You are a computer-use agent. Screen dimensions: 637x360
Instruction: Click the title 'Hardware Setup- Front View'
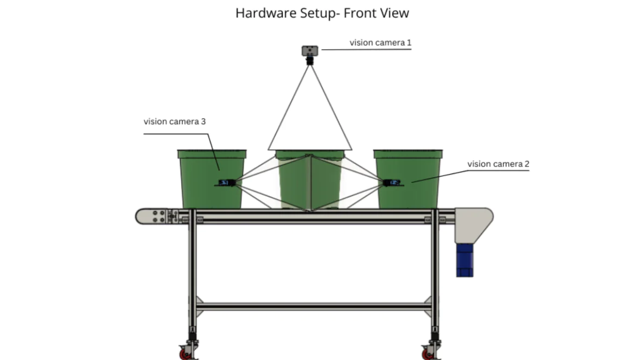(322, 13)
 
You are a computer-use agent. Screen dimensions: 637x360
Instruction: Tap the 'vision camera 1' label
(380, 43)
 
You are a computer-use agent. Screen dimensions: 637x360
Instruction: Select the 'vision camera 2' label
(498, 164)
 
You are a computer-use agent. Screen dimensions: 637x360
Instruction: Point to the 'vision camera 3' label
(175, 121)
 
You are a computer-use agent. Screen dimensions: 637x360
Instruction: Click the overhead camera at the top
(310, 54)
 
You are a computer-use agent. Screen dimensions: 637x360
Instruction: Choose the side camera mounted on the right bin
(393, 183)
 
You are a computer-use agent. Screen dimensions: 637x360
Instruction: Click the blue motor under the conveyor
(464, 260)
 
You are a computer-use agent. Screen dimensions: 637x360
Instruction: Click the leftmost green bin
(212, 179)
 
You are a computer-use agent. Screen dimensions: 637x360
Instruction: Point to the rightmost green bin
(408, 179)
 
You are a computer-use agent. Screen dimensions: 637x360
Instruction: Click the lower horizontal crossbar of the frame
(313, 306)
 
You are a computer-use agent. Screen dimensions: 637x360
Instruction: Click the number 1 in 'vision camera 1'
(409, 43)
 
